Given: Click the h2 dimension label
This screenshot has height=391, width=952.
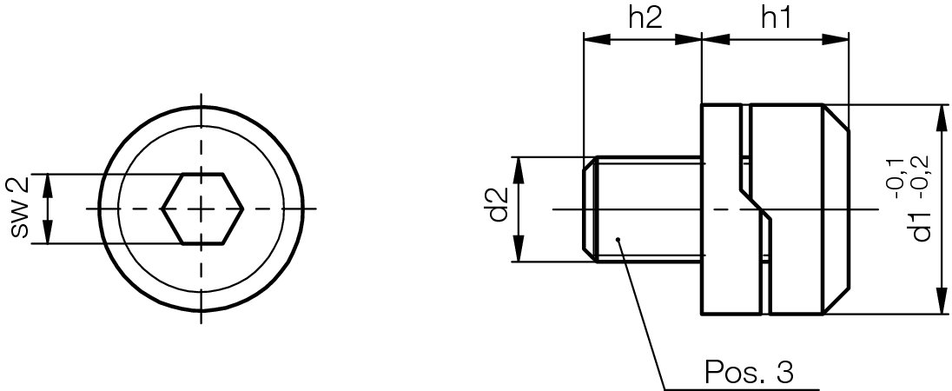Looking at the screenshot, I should pos(644,18).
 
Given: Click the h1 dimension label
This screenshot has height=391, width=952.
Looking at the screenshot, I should pos(775,18).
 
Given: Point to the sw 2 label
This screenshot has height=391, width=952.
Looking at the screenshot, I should pos(19,209).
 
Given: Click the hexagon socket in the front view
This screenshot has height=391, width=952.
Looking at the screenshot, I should pos(202,209).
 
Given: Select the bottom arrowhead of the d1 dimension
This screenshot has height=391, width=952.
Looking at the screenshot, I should pos(942,306).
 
